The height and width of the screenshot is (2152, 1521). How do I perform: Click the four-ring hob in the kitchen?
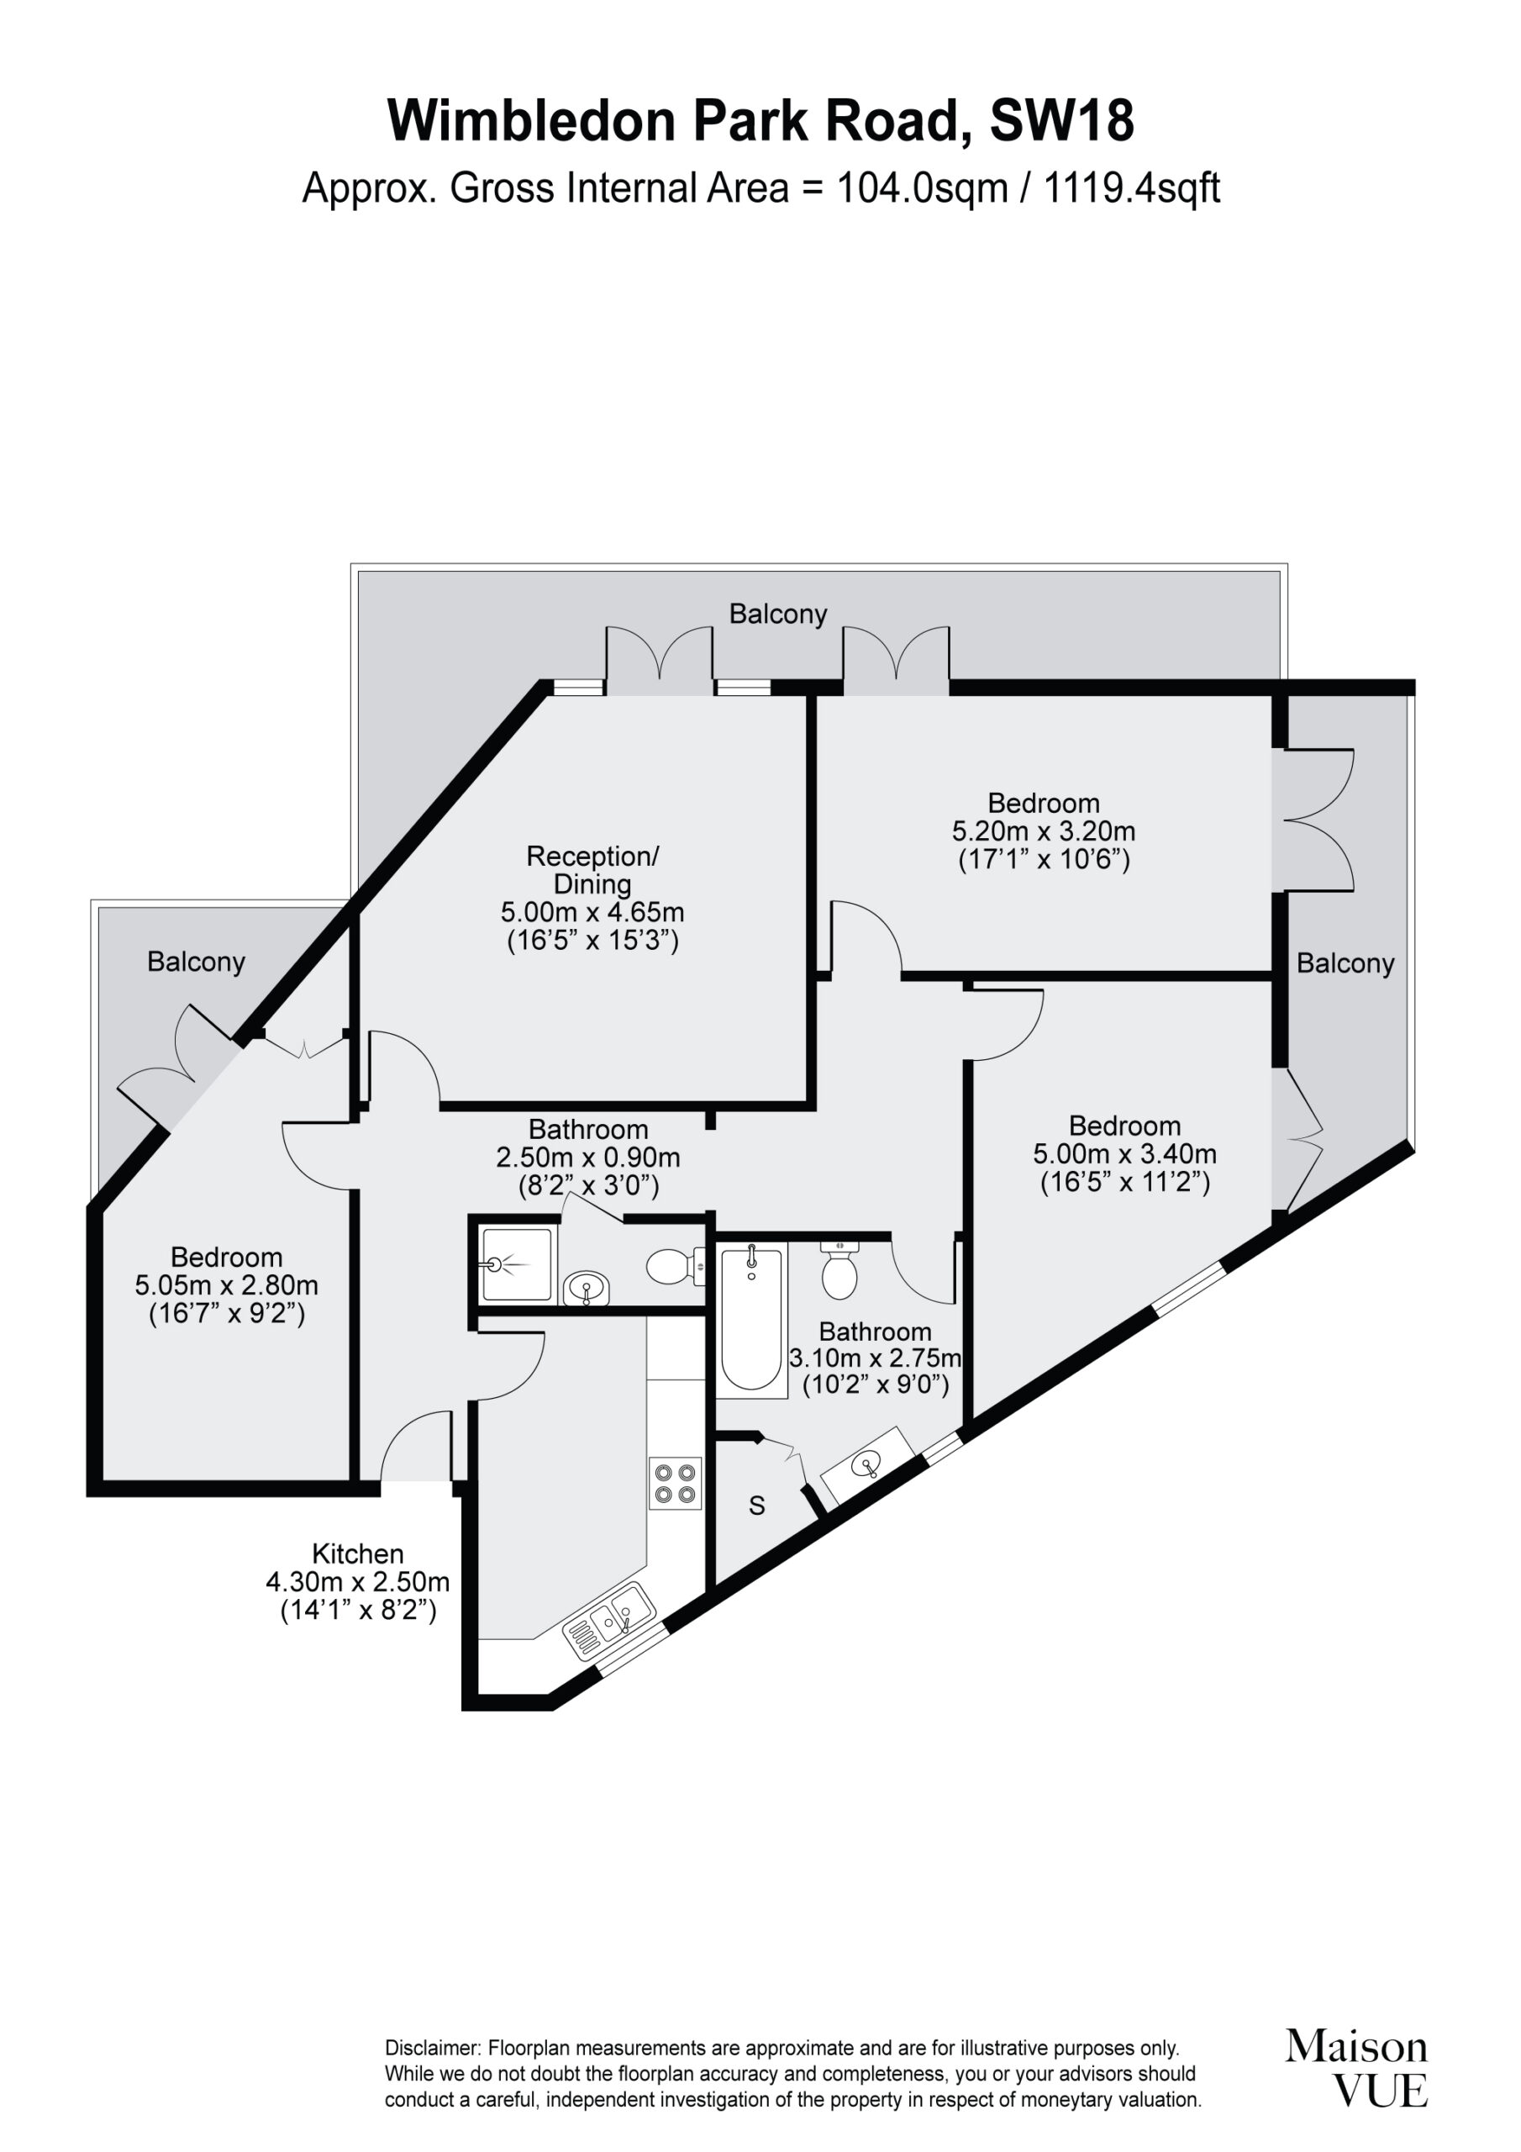[675, 1483]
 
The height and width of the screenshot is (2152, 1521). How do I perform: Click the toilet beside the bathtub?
[839, 1269]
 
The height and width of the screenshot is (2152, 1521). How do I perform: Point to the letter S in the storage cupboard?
[756, 1506]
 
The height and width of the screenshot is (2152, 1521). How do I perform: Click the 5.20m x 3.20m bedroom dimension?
[1043, 831]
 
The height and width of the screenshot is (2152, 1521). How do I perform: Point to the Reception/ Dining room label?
[592, 869]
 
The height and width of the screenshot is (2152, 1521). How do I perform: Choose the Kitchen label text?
[358, 1553]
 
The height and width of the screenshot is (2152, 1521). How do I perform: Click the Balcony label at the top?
[778, 614]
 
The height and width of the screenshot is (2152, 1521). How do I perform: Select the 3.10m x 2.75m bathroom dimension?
[876, 1357]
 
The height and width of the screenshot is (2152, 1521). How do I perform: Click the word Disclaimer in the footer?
[432, 2049]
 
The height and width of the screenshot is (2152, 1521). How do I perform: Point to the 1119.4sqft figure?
[1131, 188]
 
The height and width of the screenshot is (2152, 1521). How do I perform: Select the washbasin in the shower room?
[587, 1288]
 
